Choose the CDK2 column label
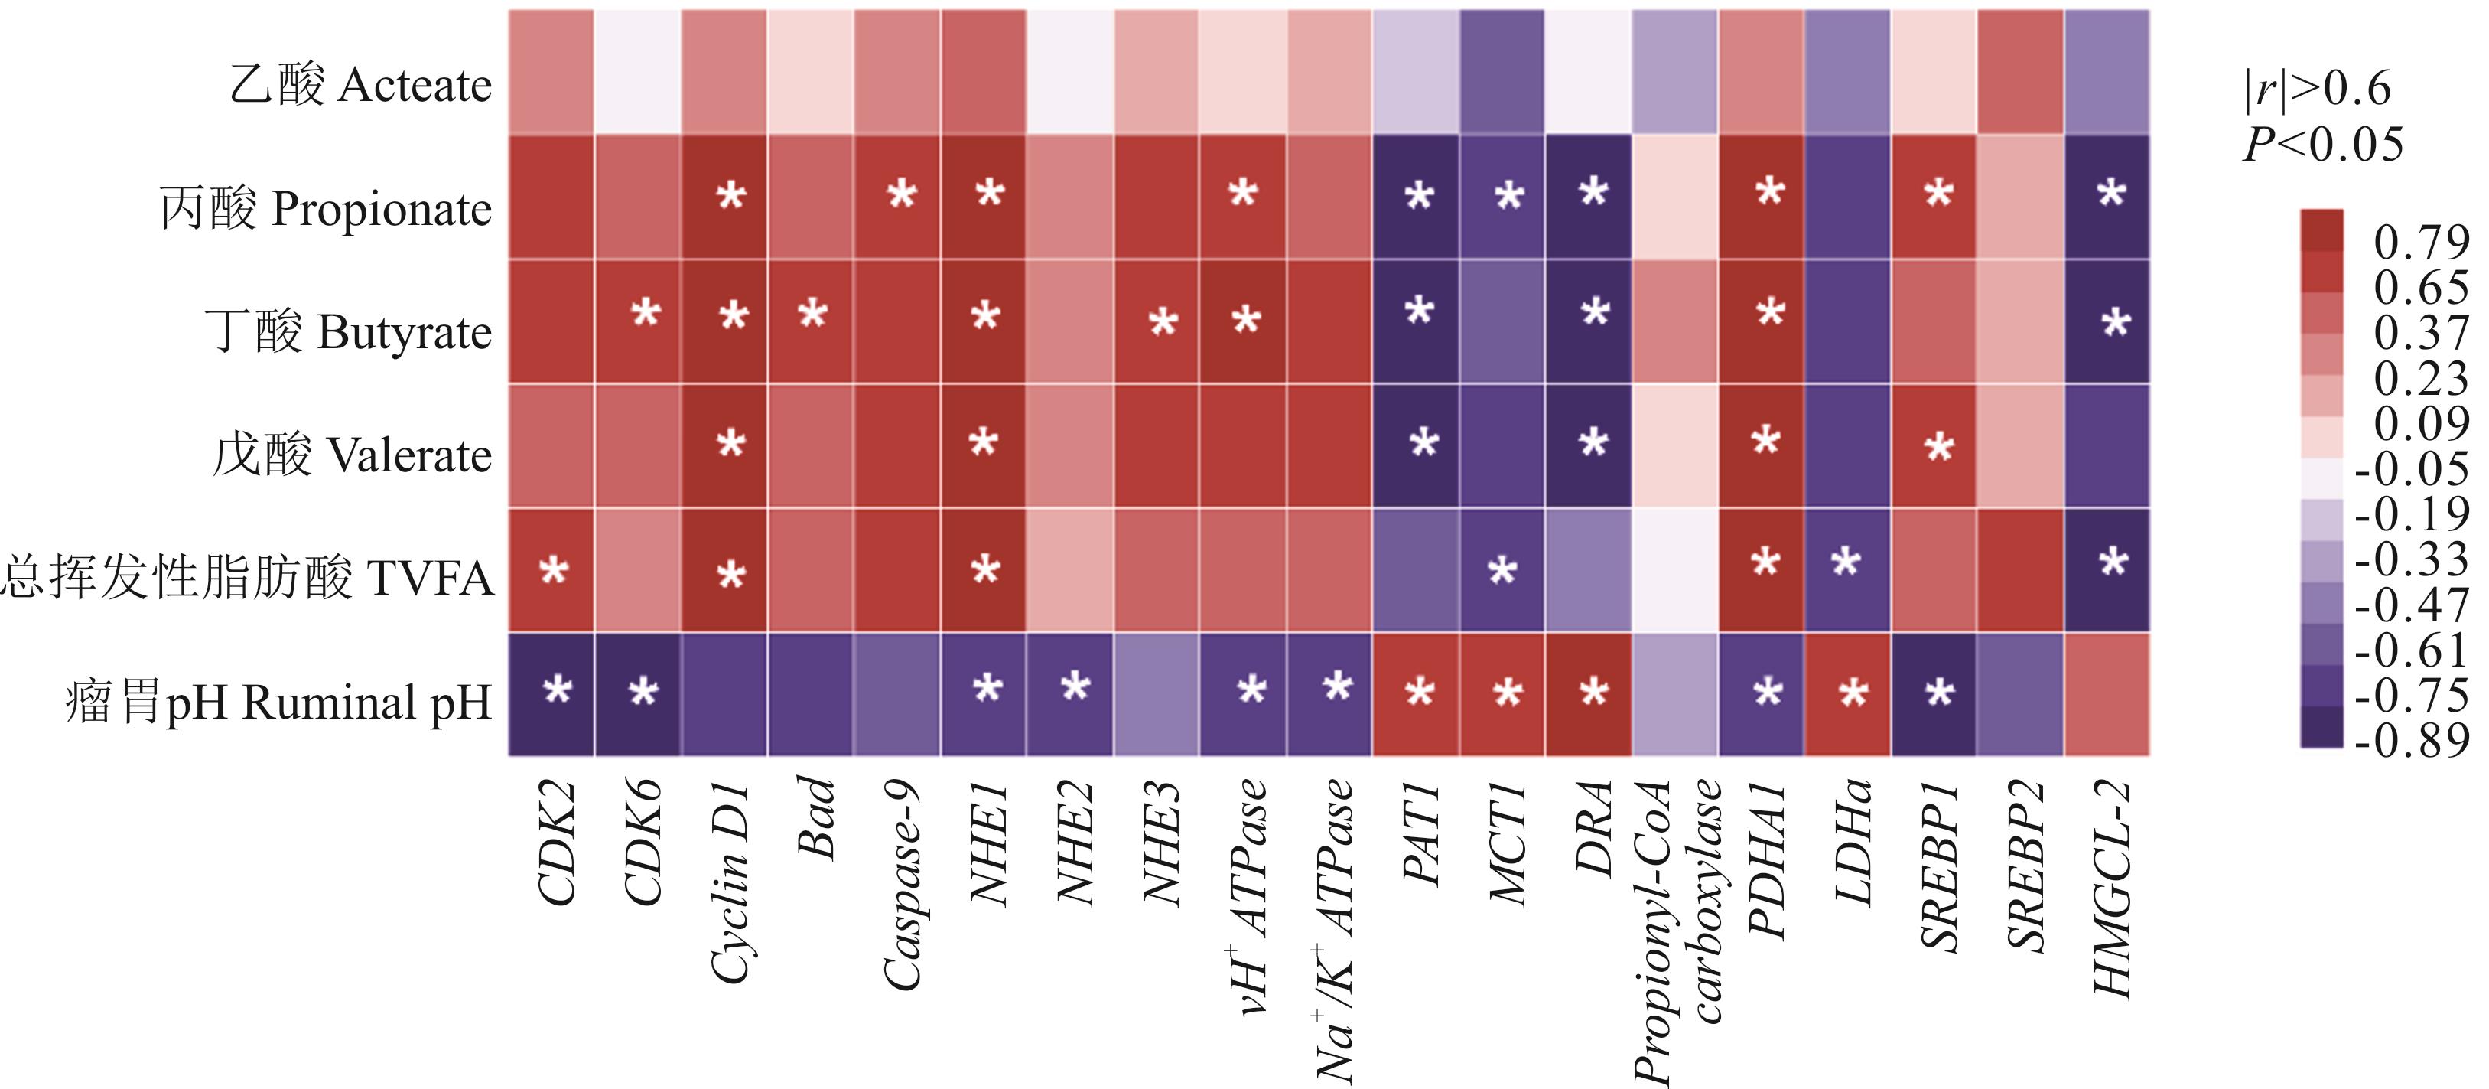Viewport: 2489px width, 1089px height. [x=558, y=843]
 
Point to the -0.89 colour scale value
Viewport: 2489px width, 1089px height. [x=2412, y=740]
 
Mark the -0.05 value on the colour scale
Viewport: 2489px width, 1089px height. [x=2412, y=468]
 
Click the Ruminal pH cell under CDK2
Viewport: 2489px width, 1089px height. [x=551, y=694]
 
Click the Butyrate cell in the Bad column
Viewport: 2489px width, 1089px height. [x=811, y=321]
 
